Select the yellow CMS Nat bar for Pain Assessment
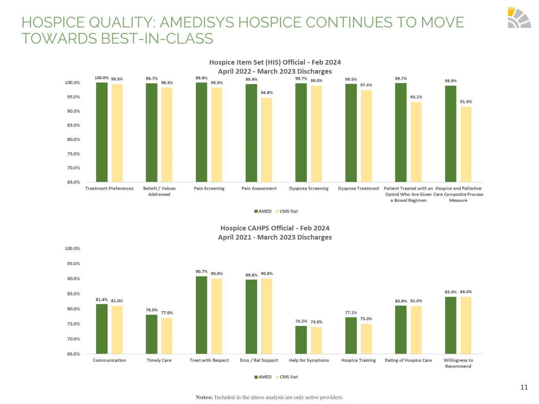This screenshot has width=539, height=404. (x=267, y=140)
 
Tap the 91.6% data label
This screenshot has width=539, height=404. (x=466, y=102)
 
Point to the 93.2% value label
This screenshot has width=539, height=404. (x=416, y=97)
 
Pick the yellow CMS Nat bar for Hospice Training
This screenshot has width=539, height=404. (x=366, y=339)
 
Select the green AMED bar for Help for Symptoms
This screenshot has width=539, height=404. (x=301, y=340)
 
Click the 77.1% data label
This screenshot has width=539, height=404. (x=351, y=313)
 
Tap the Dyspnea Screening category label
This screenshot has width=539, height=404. (x=309, y=189)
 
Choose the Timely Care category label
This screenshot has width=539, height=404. (x=159, y=360)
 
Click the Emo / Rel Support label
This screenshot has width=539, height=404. (x=259, y=360)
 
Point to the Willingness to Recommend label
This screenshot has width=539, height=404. (x=458, y=363)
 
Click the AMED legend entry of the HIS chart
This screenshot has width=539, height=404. (x=263, y=211)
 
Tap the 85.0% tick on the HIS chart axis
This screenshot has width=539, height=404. (x=72, y=125)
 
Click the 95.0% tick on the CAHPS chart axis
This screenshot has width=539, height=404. (x=72, y=264)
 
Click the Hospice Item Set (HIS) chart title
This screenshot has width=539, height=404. (x=275, y=62)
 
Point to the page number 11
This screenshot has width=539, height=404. (x=524, y=387)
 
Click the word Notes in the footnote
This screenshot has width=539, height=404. (x=204, y=397)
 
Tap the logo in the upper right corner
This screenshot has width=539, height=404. (x=519, y=18)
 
